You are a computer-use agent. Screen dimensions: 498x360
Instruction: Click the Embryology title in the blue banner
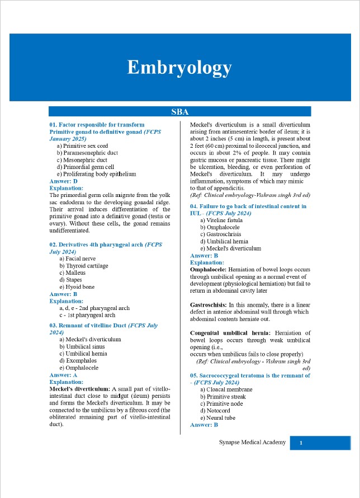179,67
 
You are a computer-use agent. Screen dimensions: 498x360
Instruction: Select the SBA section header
179,112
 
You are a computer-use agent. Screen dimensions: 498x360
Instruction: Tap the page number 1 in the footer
301,443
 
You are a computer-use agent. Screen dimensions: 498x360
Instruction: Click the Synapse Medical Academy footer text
252,443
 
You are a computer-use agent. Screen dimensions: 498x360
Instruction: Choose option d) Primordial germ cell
85,167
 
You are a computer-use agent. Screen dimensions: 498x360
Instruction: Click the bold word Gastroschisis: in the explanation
208,305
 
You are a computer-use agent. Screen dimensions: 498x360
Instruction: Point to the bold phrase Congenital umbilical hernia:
227,333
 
